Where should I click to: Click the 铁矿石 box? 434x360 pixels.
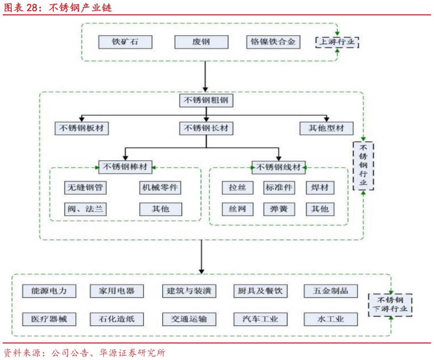125,42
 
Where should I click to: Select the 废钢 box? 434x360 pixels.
201,42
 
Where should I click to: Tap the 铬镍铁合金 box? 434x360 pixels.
273,42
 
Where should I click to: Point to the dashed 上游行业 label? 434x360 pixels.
338,42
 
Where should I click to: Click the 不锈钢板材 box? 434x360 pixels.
82,128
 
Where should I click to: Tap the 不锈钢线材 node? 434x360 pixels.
279,167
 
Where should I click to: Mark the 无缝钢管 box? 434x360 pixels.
85,187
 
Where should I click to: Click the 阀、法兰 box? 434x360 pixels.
85,209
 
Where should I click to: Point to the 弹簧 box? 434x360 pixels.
279,209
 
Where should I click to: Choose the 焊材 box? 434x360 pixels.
320,187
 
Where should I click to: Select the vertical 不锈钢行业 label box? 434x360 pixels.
364,165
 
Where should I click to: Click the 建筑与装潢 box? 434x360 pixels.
190,291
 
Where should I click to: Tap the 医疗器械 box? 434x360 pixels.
49,319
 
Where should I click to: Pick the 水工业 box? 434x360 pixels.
331,319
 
